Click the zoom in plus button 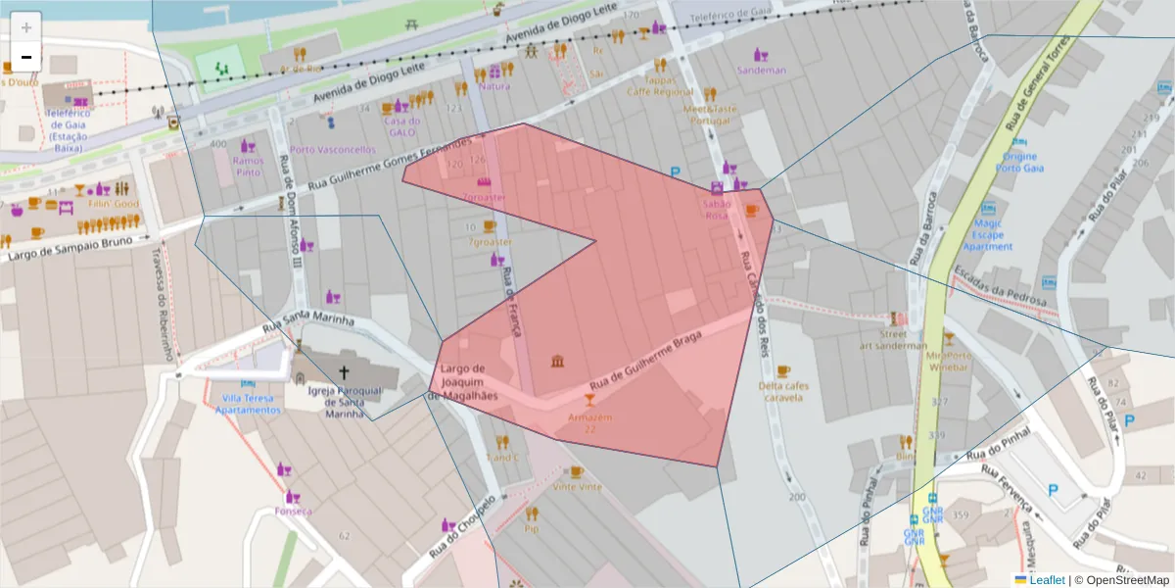point(26,26)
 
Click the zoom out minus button point(26,57)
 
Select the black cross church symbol point(344,371)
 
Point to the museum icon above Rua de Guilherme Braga point(557,363)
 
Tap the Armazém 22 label point(588,422)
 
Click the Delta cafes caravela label point(782,391)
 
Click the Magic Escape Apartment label point(987,235)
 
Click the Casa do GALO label point(402,126)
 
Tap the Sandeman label point(761,70)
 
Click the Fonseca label point(294,511)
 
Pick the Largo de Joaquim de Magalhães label point(463,382)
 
